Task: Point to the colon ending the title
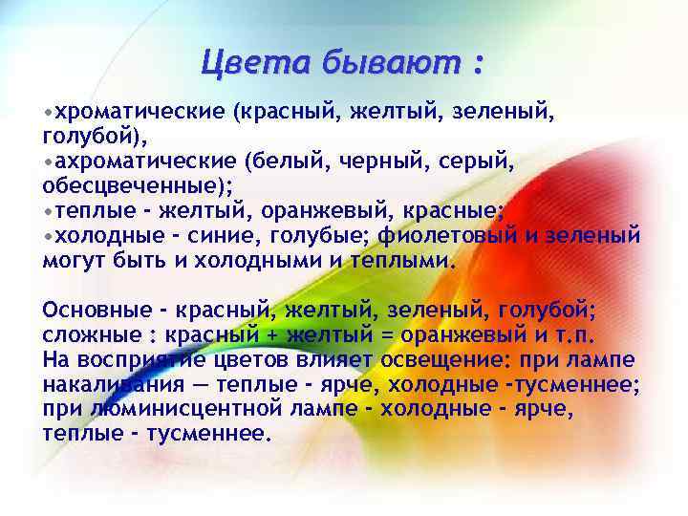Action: pos(476,65)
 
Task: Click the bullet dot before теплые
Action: pos(48,210)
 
